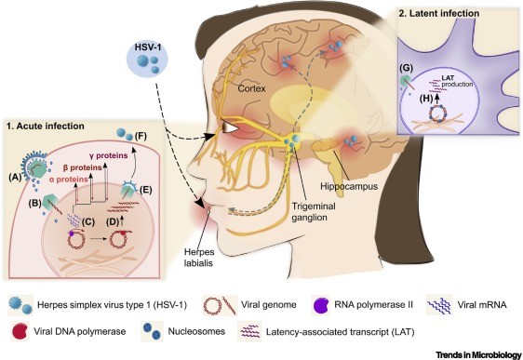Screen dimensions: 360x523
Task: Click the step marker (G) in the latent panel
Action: pos(404,68)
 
